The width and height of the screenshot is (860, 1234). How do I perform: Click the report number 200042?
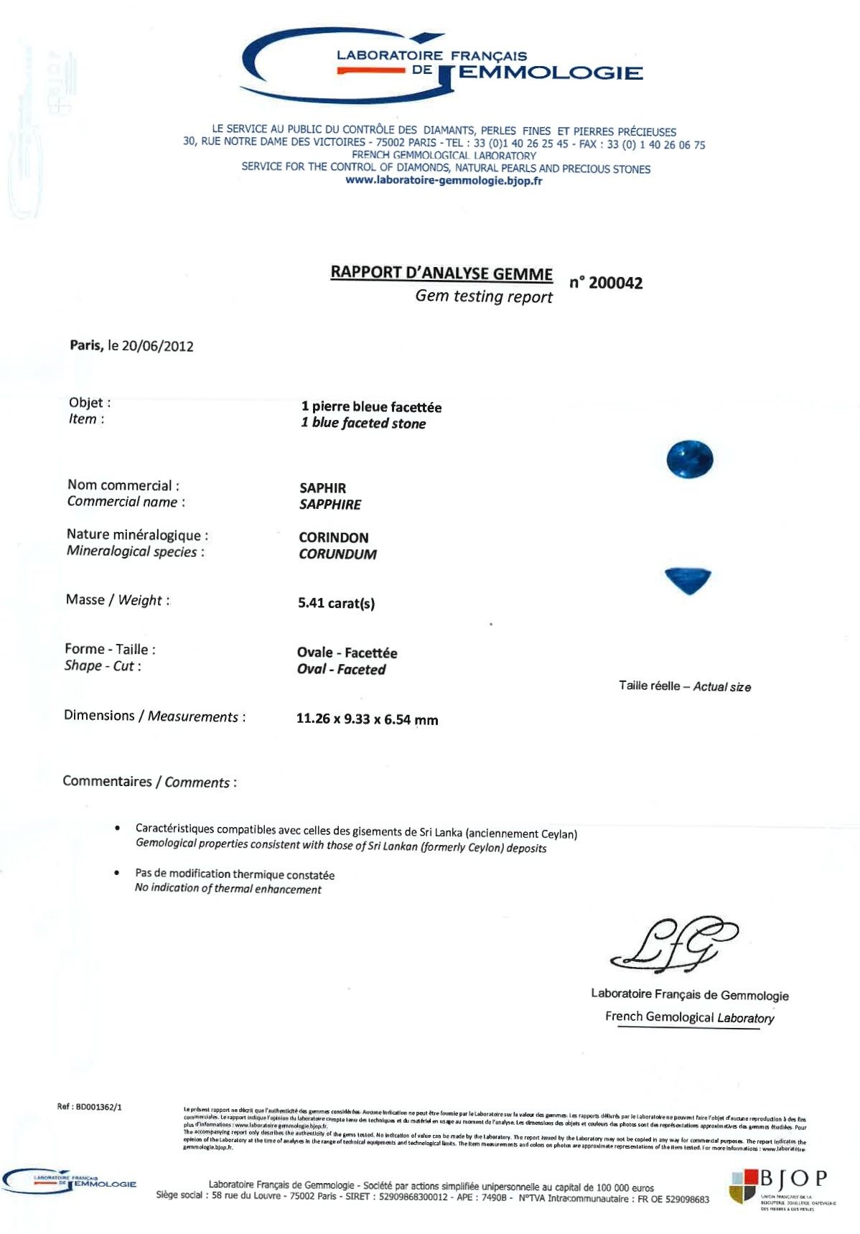(x=614, y=283)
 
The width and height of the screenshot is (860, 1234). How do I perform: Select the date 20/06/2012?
(x=157, y=346)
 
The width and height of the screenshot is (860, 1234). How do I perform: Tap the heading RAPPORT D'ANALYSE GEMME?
(x=441, y=273)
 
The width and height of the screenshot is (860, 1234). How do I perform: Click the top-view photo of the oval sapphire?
(x=689, y=459)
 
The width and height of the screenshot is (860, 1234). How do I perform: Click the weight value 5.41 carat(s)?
(x=336, y=603)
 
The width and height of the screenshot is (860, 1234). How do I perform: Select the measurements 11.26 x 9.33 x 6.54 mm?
(x=367, y=719)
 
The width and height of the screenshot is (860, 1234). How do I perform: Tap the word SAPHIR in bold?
(x=322, y=488)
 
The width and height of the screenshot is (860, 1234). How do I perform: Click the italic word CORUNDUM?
(x=337, y=554)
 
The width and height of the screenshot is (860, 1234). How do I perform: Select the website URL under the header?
(x=444, y=181)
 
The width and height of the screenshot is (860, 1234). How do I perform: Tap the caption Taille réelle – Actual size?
(x=684, y=686)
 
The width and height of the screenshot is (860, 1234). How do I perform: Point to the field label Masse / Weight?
(x=118, y=600)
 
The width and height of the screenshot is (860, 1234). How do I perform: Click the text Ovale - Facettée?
(x=347, y=653)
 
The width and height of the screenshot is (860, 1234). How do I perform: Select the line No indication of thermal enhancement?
(x=228, y=889)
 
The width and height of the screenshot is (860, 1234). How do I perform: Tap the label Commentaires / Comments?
(x=149, y=782)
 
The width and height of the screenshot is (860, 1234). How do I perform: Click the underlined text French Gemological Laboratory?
(x=689, y=1017)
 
